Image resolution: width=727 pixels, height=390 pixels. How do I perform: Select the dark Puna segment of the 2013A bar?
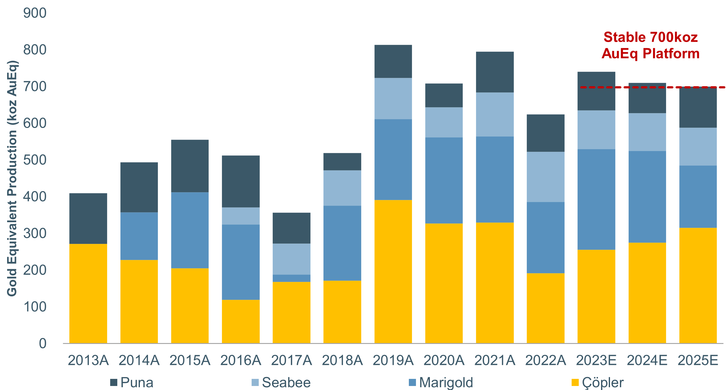pyautogui.click(x=88, y=218)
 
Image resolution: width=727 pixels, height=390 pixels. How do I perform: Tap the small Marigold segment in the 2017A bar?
pyautogui.click(x=292, y=278)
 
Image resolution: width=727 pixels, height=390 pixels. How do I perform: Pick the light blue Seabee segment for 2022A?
pyautogui.click(x=545, y=177)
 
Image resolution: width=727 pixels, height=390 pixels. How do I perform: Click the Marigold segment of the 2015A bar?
pyautogui.click(x=190, y=230)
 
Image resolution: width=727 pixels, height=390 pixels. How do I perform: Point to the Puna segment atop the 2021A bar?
pyautogui.click(x=495, y=72)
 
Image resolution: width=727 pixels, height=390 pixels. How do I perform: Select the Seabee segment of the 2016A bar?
pyautogui.click(x=241, y=216)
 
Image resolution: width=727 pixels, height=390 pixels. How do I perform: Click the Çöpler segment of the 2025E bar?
pyautogui.click(x=698, y=285)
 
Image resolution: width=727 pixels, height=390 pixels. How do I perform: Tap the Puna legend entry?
pyautogui.click(x=132, y=383)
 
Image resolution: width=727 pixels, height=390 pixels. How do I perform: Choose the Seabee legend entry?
pyautogui.click(x=281, y=383)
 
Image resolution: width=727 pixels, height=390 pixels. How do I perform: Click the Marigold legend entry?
pyautogui.click(x=441, y=383)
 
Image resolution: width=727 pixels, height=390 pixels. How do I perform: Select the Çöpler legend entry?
pyautogui.click(x=597, y=383)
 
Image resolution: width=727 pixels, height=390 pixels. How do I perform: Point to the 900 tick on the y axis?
pyautogui.click(x=35, y=13)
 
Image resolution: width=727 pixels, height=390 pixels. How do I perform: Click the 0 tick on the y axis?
pyautogui.click(x=43, y=343)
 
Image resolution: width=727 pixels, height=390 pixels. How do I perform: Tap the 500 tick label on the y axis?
pyautogui.click(x=35, y=160)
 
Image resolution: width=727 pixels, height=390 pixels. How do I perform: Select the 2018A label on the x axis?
pyautogui.click(x=342, y=360)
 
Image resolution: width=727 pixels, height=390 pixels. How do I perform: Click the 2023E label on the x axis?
pyautogui.click(x=596, y=360)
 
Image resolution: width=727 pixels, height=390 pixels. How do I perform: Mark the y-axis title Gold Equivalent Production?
pyautogui.click(x=12, y=178)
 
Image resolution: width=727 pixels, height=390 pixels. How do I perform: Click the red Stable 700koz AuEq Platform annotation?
pyautogui.click(x=651, y=45)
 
